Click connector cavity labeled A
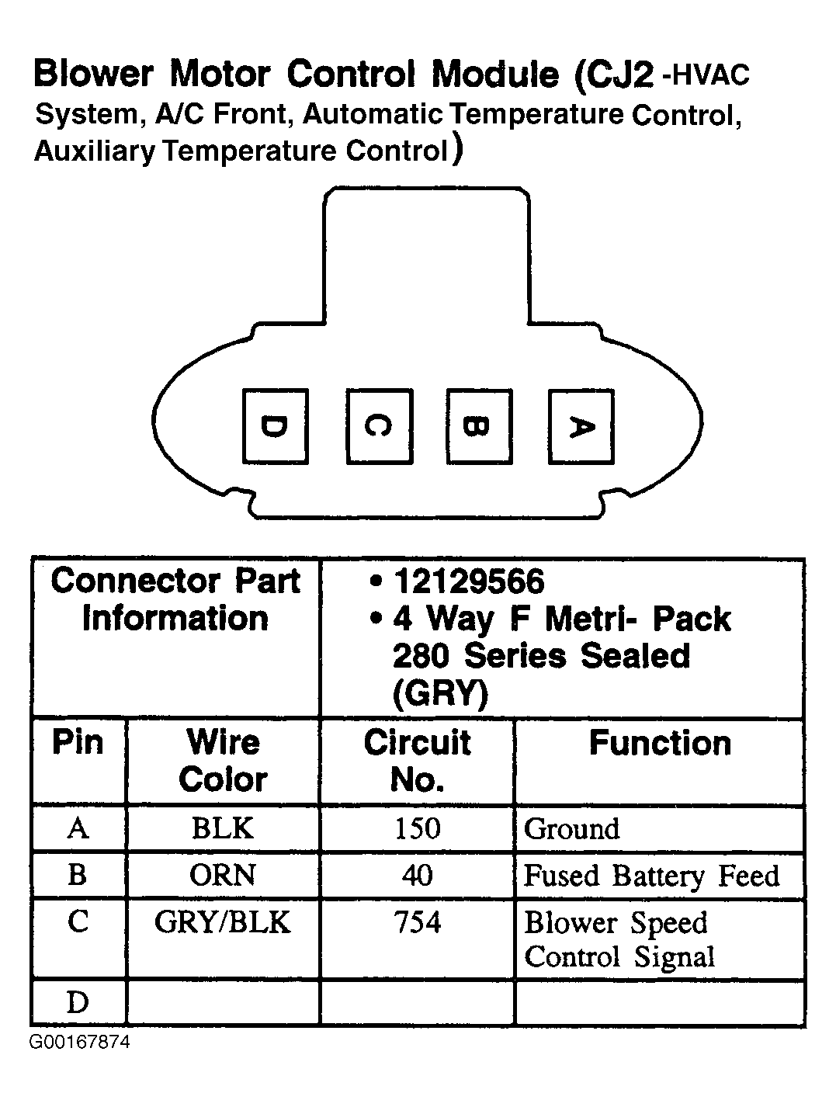click(581, 427)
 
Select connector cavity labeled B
click(479, 427)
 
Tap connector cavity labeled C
click(379, 427)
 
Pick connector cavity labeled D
click(275, 427)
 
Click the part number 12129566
click(469, 581)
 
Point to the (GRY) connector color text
click(439, 692)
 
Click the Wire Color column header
click(223, 761)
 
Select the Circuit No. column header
click(417, 761)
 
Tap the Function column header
click(660, 743)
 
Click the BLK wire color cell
click(223, 828)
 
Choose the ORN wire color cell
click(223, 875)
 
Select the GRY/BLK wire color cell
click(223, 922)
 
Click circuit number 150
click(417, 828)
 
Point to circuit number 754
click(417, 922)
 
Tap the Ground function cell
click(572, 829)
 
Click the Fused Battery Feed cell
click(650, 876)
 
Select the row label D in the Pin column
click(78, 1003)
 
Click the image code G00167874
click(80, 1042)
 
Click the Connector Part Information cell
click(175, 600)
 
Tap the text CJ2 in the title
click(616, 75)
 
